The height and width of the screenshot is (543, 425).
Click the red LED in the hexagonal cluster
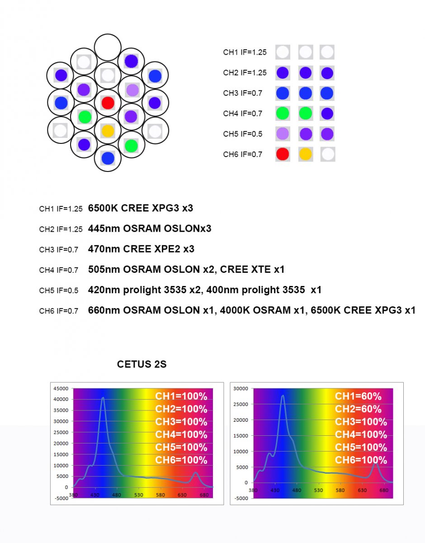pos(108,103)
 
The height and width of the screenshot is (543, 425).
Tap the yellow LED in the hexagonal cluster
pos(108,131)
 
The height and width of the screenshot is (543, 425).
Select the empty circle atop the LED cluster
pos(108,47)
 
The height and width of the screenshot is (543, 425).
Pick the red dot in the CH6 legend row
pos(283,154)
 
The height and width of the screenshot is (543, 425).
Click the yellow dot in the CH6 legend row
pos(305,154)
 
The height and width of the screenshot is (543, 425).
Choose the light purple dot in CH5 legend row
pos(283,133)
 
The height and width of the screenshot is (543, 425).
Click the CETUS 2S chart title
pos(142,364)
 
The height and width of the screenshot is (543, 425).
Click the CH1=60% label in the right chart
pos(358,396)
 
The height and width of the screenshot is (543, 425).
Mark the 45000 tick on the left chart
pos(60,388)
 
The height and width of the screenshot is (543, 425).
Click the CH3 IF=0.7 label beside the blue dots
pos(243,93)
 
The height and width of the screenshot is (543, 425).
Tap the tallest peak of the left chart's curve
pos(103,398)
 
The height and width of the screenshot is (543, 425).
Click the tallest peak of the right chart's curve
pos(283,396)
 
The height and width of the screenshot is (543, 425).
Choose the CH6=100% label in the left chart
pos(181,460)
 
